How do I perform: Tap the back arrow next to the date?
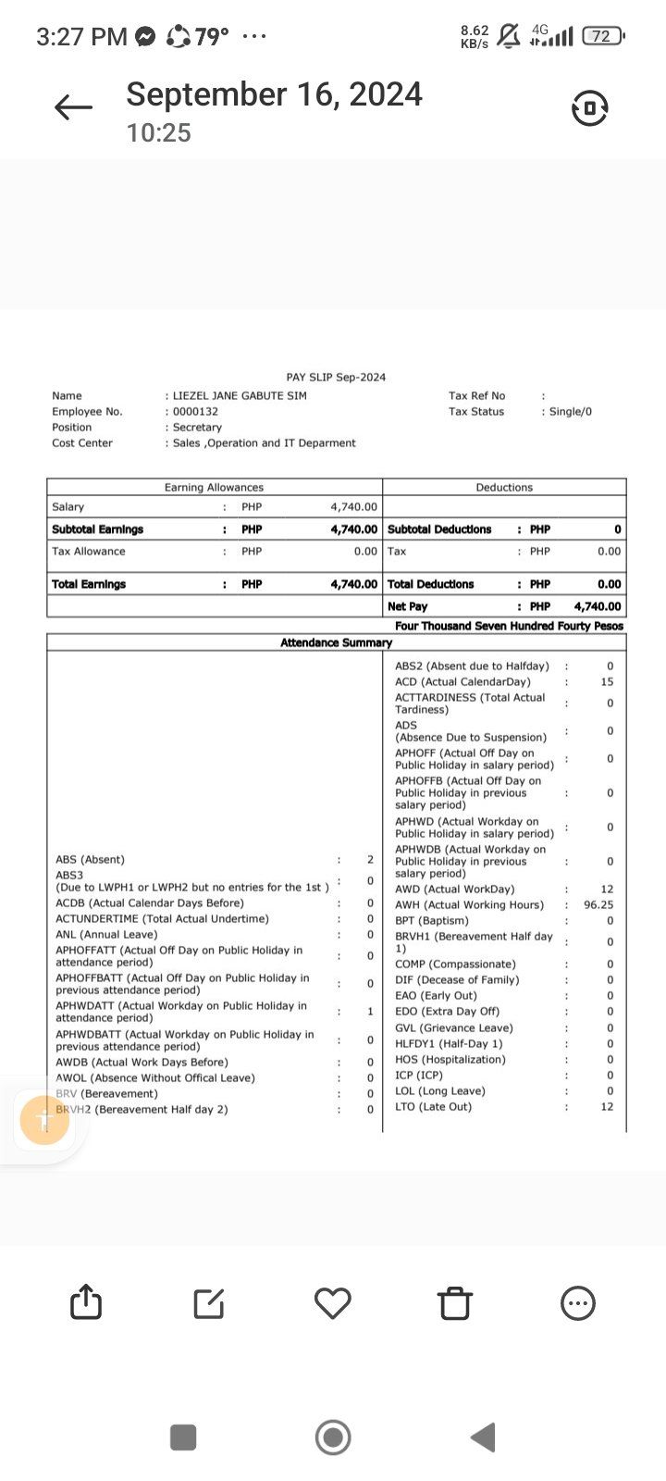[x=74, y=108]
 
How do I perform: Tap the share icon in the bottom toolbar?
[x=86, y=1302]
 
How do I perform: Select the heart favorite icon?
[x=333, y=1302]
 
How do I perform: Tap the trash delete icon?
[x=455, y=1303]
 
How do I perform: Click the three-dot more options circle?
[x=579, y=1303]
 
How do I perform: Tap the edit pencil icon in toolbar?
[x=209, y=1303]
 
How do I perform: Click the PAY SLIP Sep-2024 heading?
[x=336, y=377]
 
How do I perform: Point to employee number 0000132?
[x=195, y=412]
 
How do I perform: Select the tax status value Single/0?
[x=570, y=412]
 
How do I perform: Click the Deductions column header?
[x=504, y=487]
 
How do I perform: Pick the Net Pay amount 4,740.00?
[x=598, y=607]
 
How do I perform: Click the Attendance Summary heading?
[x=336, y=642]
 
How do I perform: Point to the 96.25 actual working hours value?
[x=598, y=905]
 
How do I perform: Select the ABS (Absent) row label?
[x=90, y=860]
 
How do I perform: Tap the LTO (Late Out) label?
[x=433, y=1107]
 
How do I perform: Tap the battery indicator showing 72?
[x=602, y=36]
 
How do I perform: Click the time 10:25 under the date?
[x=159, y=133]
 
